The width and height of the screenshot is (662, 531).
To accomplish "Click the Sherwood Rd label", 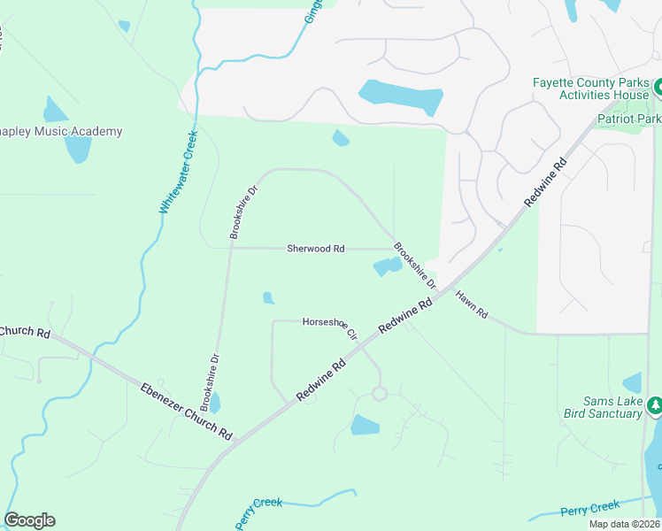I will tap(315, 249).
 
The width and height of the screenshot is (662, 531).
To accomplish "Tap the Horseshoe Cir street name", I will tap(328, 327).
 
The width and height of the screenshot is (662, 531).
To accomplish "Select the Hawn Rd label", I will tap(472, 303).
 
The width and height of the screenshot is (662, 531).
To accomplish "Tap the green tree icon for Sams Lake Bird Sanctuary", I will tap(655, 406).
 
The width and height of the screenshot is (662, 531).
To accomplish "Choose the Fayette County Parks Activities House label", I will tap(590, 88).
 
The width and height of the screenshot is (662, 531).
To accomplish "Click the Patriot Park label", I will tap(629, 119).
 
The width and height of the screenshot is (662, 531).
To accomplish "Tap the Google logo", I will tap(29, 520).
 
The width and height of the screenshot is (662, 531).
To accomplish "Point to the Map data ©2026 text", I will tap(623, 524).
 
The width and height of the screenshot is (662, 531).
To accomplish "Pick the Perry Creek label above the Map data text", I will tap(590, 508).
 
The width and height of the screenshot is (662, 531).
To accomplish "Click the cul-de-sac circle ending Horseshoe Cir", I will tap(379, 393).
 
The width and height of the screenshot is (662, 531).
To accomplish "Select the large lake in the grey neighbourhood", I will tap(400, 96).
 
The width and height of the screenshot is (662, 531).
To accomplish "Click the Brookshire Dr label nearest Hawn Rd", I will tap(415, 265).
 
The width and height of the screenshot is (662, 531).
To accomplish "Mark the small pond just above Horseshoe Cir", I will tap(268, 298).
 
